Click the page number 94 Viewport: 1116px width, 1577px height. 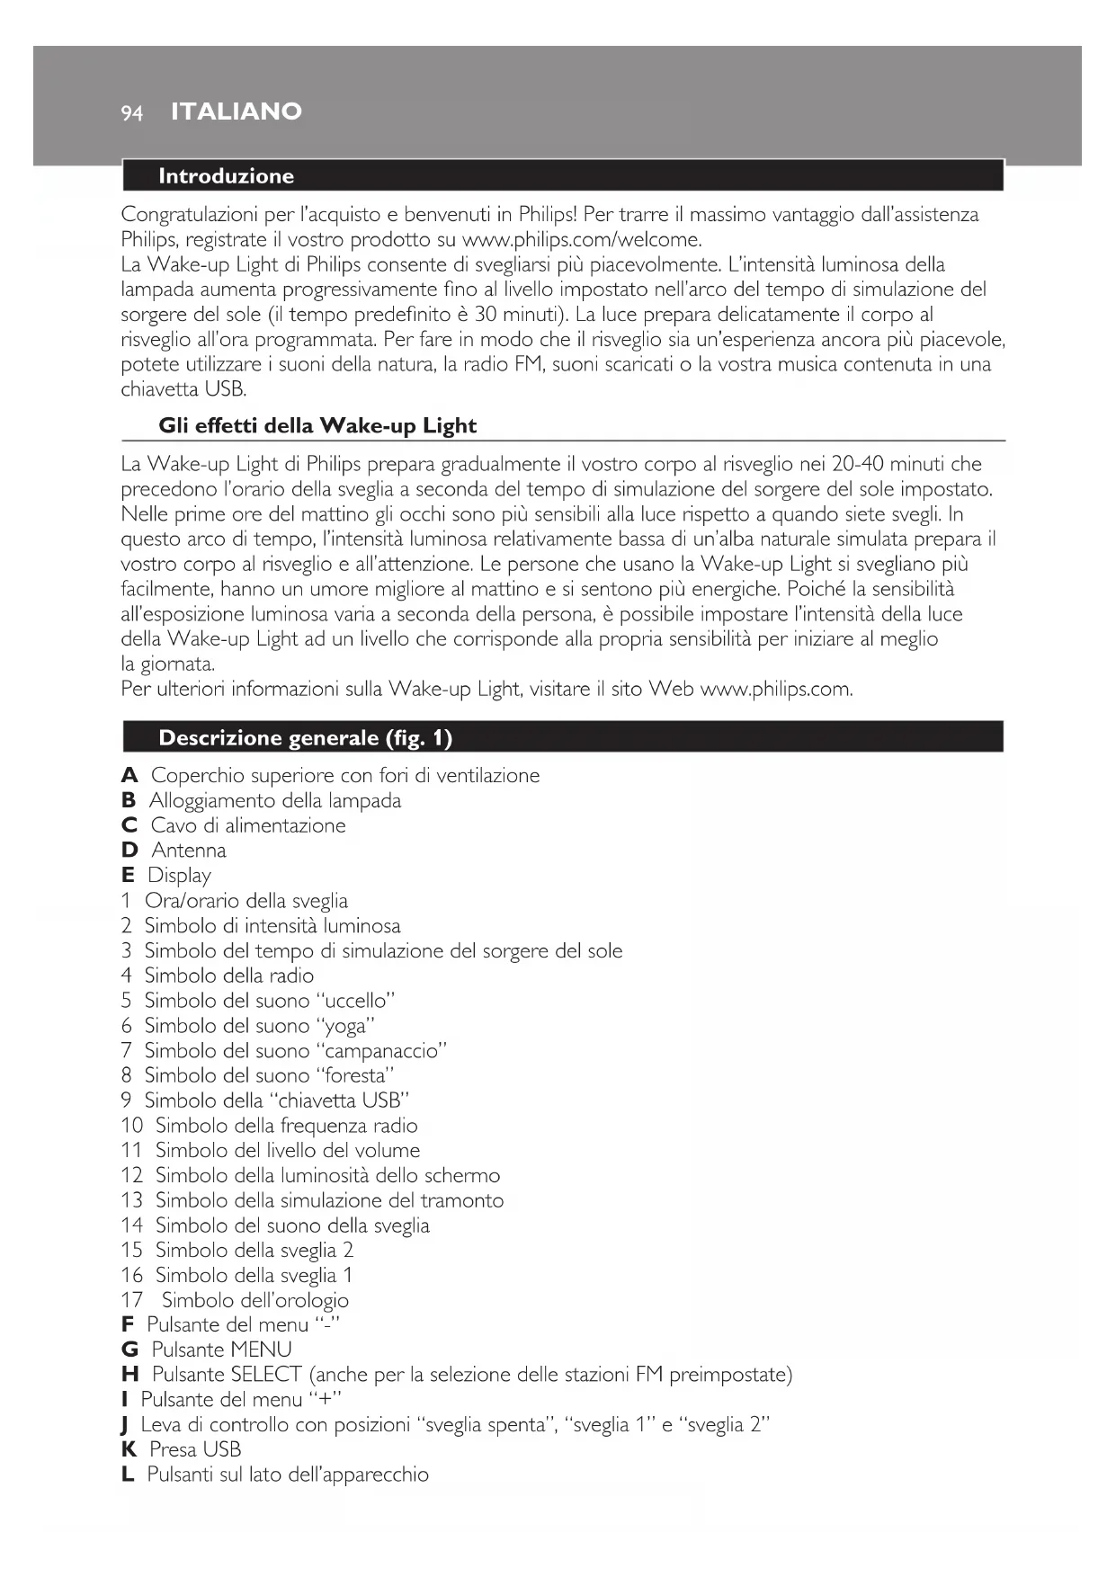click(131, 112)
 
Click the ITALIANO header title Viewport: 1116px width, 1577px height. click(236, 111)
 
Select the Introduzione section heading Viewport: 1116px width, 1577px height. click(226, 176)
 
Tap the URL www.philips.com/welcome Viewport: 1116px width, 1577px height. click(581, 240)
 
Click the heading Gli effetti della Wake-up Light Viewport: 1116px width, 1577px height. click(317, 426)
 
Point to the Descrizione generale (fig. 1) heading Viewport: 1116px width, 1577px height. click(305, 738)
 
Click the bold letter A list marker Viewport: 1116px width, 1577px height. click(129, 776)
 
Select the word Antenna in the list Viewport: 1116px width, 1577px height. click(189, 851)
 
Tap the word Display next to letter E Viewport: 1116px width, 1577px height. click(179, 876)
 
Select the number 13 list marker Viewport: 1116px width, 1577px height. click(132, 1201)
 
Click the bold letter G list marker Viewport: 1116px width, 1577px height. click(129, 1350)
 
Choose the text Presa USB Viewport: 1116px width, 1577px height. click(195, 1450)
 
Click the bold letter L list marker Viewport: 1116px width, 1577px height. click(128, 1475)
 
